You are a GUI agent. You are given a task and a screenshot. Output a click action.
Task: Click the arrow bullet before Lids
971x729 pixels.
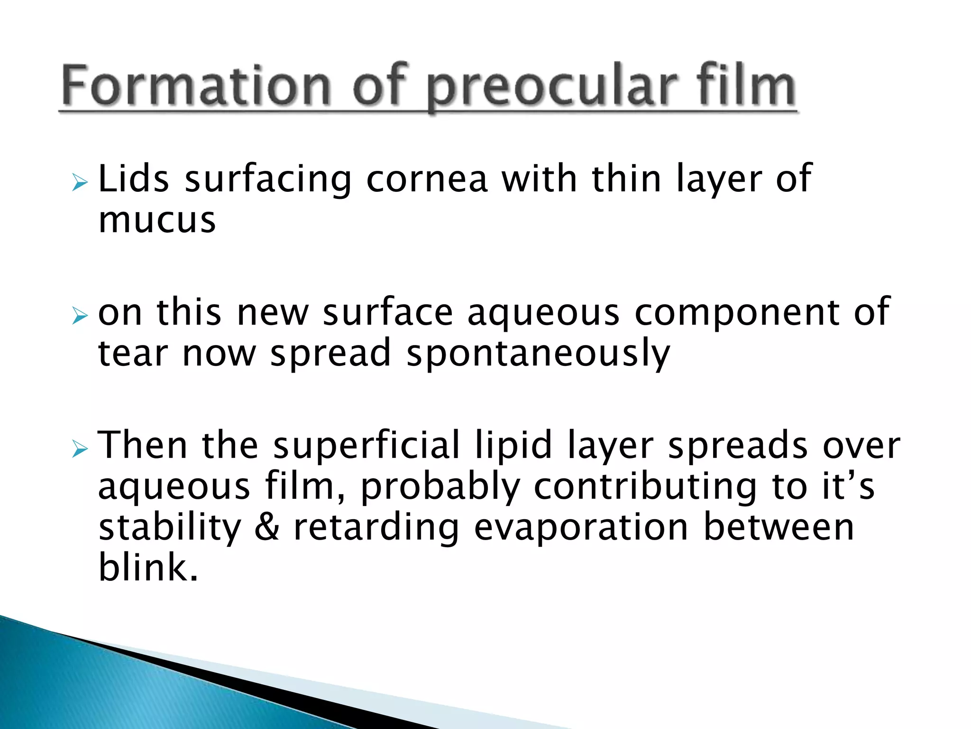[80, 183]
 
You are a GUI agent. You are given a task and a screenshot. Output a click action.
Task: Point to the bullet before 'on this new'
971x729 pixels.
[80, 316]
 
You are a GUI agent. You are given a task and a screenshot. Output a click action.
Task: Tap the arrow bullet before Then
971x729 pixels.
[80, 449]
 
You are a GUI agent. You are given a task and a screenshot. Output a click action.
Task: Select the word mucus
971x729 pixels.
[157, 220]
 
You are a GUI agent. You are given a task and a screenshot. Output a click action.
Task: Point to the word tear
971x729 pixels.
[132, 354]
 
